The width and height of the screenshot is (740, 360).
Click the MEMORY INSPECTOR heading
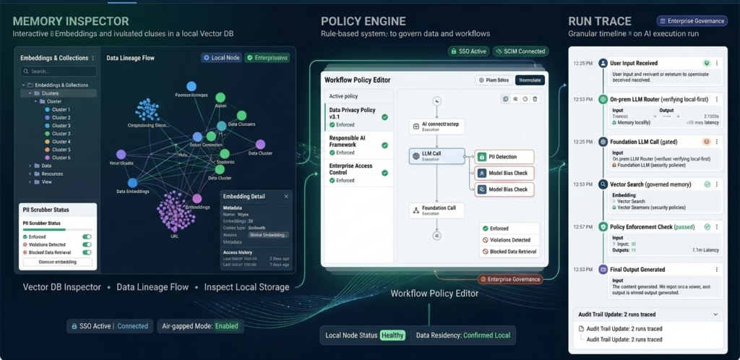pyautogui.click(x=71, y=21)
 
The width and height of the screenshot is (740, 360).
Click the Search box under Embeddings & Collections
pyautogui.click(x=58, y=72)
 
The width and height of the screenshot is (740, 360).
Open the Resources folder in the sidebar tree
pyautogui.click(x=51, y=173)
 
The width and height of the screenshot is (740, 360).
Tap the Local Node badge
pyautogui.click(x=220, y=57)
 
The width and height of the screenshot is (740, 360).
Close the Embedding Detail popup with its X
pyautogui.click(x=286, y=196)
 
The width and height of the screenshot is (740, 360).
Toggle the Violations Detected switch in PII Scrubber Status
pyautogui.click(x=87, y=244)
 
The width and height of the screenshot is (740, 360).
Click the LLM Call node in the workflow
pyautogui.click(x=436, y=156)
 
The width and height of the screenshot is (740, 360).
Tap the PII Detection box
pyautogui.click(x=504, y=157)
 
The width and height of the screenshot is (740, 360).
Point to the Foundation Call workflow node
pyautogui.click(x=436, y=210)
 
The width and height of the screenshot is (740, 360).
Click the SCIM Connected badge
pyautogui.click(x=520, y=51)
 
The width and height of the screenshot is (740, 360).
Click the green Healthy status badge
pyautogui.click(x=393, y=335)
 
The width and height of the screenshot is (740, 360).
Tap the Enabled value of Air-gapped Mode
pyautogui.click(x=225, y=326)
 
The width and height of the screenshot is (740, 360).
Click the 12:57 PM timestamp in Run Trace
pyautogui.click(x=582, y=227)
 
